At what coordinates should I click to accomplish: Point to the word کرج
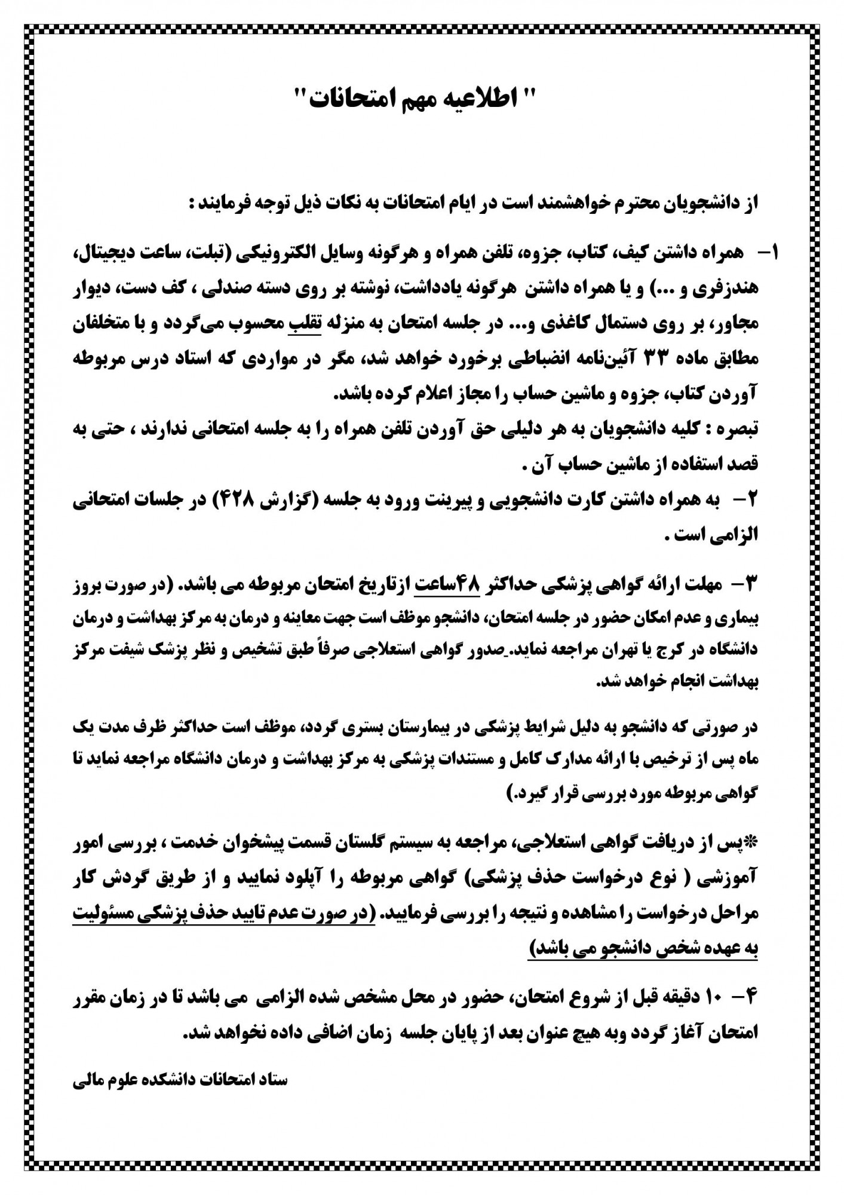point(699,651)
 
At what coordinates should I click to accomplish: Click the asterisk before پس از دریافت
point(753,842)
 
